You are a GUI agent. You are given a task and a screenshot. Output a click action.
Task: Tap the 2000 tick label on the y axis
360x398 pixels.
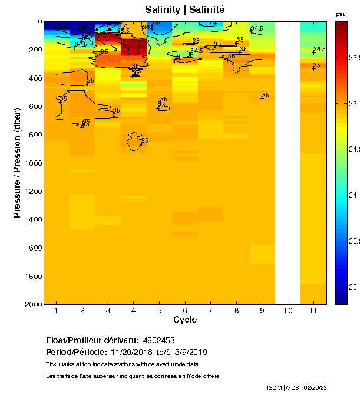[x=33, y=305]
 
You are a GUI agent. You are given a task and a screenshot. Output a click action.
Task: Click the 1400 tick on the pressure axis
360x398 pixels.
[x=33, y=220]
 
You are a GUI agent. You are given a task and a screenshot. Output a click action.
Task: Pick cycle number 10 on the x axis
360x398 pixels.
[x=288, y=311]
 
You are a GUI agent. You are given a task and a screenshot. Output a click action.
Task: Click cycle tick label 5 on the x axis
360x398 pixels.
[x=159, y=311]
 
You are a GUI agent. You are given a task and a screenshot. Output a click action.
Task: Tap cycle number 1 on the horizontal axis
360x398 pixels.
[x=57, y=311]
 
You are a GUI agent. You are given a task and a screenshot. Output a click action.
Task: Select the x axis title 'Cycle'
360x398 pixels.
[x=185, y=320]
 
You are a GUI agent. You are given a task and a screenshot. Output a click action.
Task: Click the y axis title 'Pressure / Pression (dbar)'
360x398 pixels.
[x=18, y=162]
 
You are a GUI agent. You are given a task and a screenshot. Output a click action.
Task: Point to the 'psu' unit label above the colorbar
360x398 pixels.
[x=341, y=14]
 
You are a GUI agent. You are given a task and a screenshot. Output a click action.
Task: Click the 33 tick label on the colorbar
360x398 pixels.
[x=353, y=287]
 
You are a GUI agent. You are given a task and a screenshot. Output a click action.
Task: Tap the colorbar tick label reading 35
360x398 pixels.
[x=353, y=104]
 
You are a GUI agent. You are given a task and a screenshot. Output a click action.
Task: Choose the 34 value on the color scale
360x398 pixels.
[x=353, y=195]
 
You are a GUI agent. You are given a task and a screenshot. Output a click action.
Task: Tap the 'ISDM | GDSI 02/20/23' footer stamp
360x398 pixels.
[x=296, y=387]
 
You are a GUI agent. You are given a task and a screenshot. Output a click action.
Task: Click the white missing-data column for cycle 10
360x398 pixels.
[x=288, y=162]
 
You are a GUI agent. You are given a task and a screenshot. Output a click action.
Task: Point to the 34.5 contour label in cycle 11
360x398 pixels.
[x=319, y=49]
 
